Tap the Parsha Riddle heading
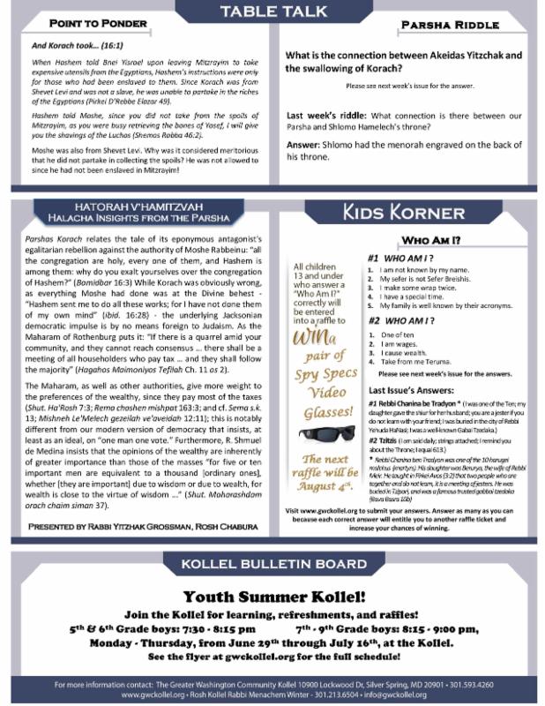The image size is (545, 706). tap(441, 26)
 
